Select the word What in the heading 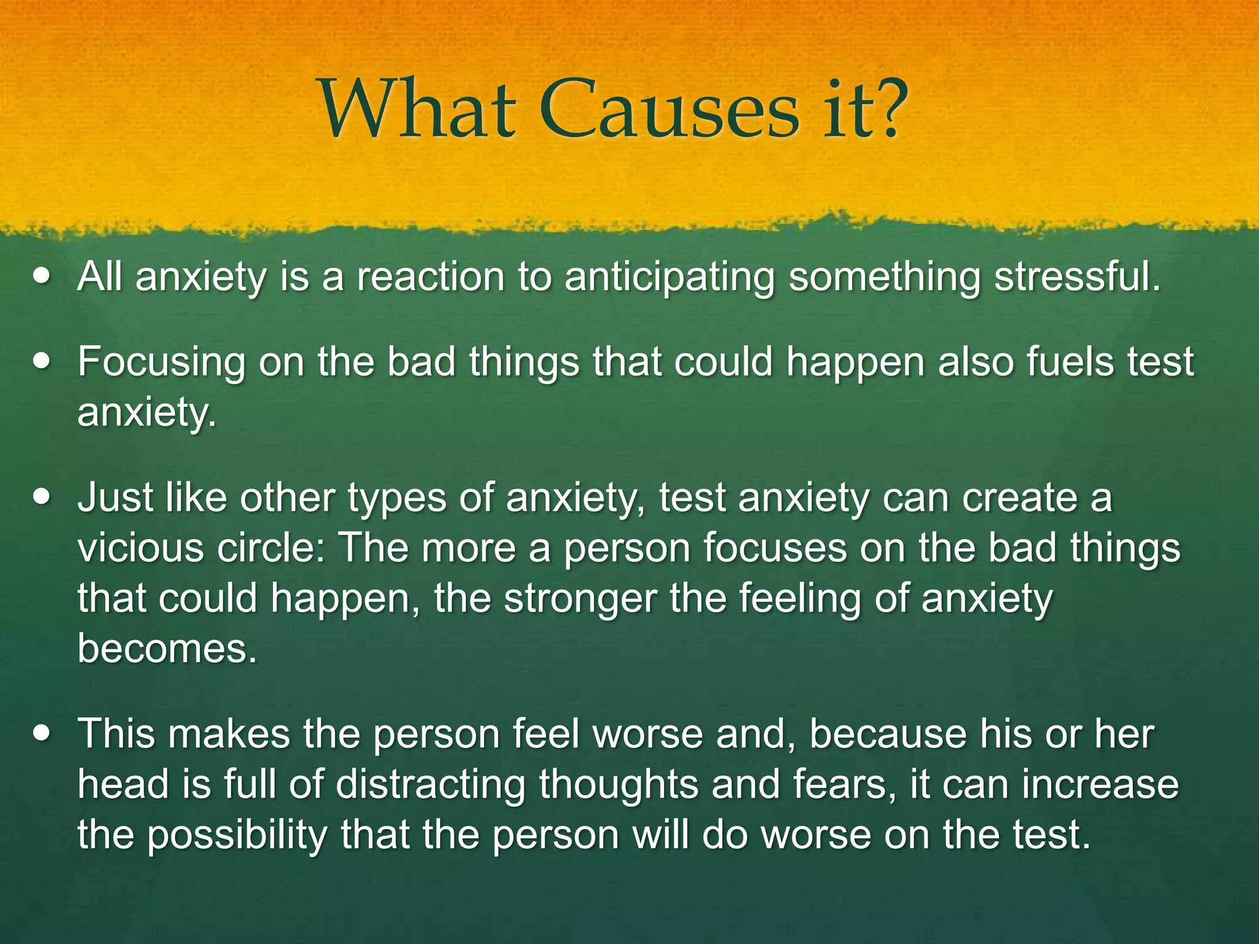(x=418, y=109)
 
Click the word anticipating (x=670, y=278)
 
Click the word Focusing (x=160, y=363)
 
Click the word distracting (x=431, y=785)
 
